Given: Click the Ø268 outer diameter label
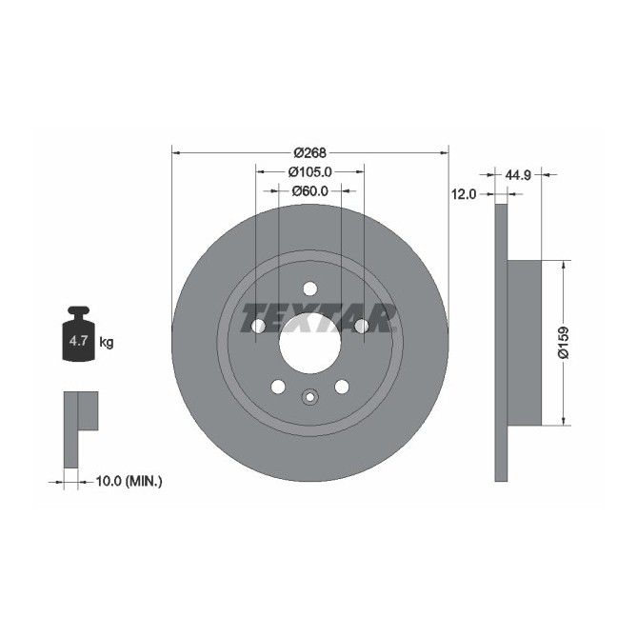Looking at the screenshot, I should [309, 152].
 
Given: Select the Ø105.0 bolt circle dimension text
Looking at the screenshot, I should [309, 171].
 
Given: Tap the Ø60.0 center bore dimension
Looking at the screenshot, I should [309, 190].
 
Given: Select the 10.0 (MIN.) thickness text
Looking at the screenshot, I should [129, 482].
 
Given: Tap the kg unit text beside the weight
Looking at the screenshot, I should [107, 342].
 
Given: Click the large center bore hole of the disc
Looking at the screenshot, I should [309, 343].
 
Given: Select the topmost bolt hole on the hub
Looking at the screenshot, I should [309, 289].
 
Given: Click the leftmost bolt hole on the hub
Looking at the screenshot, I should [258, 327].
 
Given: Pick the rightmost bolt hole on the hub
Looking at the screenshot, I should [361, 327].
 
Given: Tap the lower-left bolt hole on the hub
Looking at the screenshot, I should [278, 387].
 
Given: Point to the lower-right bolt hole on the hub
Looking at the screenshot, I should [341, 387].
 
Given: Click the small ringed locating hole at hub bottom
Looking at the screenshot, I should [309, 397].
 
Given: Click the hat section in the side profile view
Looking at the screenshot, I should [524, 344].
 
